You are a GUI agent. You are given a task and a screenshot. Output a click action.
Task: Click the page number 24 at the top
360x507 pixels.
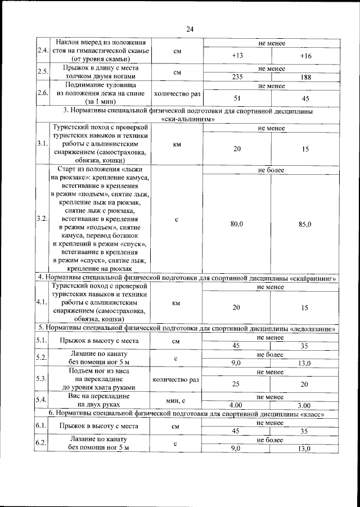(x=190, y=30)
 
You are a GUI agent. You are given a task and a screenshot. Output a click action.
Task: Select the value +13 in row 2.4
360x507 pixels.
(x=237, y=56)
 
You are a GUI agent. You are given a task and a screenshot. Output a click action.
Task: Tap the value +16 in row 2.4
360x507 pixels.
(x=305, y=56)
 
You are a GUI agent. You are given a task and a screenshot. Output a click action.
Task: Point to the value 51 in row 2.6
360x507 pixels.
(x=237, y=98)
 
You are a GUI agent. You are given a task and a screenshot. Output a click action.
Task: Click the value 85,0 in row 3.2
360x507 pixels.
(x=305, y=224)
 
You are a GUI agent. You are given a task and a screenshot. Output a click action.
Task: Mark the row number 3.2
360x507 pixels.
(x=42, y=219)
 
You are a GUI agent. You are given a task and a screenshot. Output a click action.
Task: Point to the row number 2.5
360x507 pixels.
(x=42, y=72)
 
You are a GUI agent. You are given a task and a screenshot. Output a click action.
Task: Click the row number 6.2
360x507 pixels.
(x=42, y=443)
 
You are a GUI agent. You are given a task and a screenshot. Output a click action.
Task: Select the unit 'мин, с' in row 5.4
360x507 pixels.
(x=176, y=401)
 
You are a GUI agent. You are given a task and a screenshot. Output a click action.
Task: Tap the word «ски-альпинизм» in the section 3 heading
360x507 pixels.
(x=187, y=119)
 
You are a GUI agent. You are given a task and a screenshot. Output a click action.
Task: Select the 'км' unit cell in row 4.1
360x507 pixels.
(x=176, y=303)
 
